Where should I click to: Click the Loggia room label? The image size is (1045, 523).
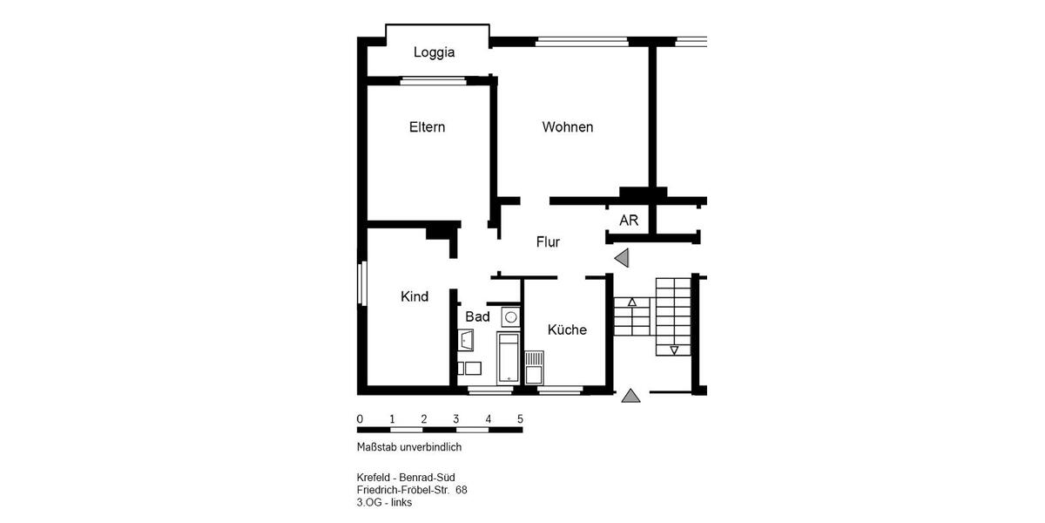point(434,52)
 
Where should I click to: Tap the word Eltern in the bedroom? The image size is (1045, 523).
point(427,127)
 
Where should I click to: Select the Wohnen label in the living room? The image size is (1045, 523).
point(567,127)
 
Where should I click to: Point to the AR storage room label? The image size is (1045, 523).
point(629,221)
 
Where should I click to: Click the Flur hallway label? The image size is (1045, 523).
point(548,242)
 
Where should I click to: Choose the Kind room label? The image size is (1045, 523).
point(415,296)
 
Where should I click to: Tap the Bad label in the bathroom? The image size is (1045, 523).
point(477,316)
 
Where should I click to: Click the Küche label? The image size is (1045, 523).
point(567,329)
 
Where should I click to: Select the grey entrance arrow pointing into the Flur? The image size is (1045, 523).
point(622,258)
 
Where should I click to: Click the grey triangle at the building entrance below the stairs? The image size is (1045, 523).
point(631,397)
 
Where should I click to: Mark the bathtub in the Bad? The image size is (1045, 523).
point(507,357)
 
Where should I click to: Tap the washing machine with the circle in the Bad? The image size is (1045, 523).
point(511,316)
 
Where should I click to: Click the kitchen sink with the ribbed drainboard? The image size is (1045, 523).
point(534,365)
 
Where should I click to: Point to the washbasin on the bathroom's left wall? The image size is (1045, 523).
point(466,339)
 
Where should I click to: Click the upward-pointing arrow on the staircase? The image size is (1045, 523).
point(632,302)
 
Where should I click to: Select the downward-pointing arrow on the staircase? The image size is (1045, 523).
point(674,350)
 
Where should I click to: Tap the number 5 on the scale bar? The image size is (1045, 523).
point(520,419)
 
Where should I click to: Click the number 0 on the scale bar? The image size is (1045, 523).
point(360,419)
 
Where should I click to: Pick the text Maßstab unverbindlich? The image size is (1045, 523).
point(408,447)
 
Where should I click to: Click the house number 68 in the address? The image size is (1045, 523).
point(462,490)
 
